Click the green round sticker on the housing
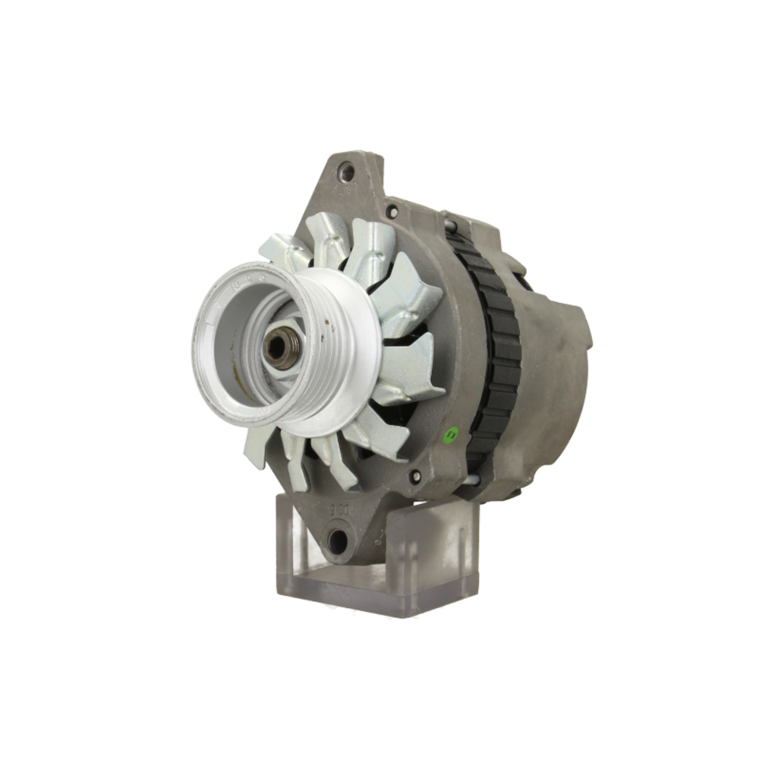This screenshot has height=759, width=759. click(x=452, y=433)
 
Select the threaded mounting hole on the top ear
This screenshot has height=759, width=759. click(x=347, y=173)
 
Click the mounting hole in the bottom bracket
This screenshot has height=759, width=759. click(x=338, y=540)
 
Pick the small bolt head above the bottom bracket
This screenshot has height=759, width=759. click(x=415, y=477)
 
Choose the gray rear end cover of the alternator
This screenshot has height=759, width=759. click(x=554, y=379)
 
